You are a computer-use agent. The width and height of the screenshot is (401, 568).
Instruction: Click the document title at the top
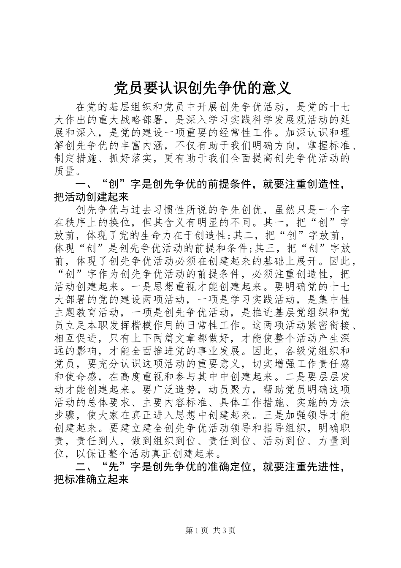point(202,88)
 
